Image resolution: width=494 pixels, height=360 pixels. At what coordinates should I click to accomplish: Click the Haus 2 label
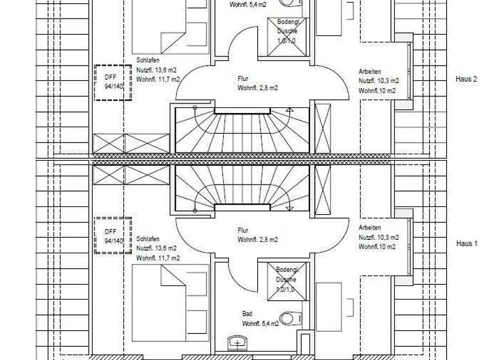point(466,79)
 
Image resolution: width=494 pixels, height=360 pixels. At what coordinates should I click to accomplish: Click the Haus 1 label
point(466,244)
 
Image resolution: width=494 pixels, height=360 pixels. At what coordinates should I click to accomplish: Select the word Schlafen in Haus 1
point(148,239)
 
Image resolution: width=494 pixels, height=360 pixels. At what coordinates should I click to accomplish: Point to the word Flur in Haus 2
point(243,78)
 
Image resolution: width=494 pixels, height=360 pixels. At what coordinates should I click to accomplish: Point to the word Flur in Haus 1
point(243,230)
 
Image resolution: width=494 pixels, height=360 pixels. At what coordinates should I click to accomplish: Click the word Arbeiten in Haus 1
point(370,228)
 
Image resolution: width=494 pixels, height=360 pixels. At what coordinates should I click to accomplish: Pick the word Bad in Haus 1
point(247,314)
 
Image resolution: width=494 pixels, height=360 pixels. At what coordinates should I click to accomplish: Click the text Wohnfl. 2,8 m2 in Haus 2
point(258,87)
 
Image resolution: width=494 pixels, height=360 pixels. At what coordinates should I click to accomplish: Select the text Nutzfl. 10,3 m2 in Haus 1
point(379,238)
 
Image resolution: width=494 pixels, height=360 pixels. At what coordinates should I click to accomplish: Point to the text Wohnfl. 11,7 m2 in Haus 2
point(158,78)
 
